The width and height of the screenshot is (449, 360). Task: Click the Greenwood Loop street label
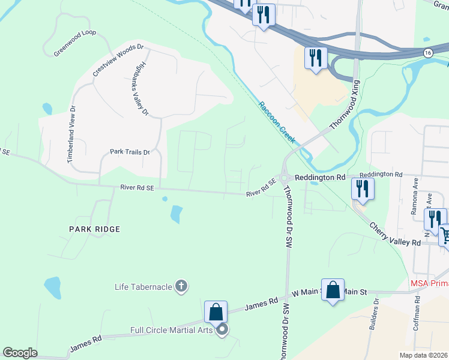coord(75,43)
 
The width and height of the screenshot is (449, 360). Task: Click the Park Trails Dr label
coord(129,152)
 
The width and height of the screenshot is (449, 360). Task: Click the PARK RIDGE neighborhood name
coord(95,229)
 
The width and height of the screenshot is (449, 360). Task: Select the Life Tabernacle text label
coord(143,286)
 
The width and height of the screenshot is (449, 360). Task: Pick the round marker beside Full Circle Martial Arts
coord(222,329)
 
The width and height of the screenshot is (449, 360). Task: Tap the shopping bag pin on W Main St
coord(333,290)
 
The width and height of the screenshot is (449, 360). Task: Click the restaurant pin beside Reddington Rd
coord(363,188)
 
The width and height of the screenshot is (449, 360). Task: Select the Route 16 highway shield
coord(427,53)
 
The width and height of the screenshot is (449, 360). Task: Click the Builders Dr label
coord(376,310)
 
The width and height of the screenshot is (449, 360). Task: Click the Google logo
coord(20,353)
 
